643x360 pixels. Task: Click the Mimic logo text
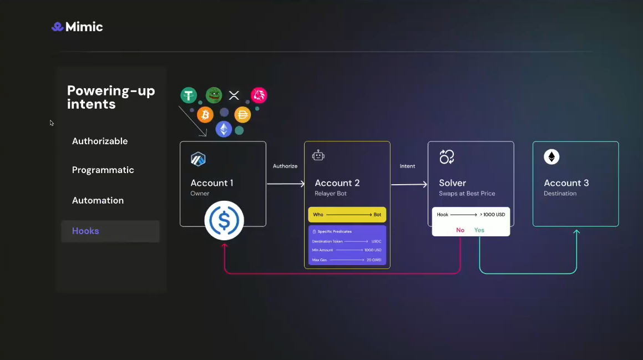click(x=84, y=27)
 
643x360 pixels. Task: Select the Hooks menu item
click(x=85, y=231)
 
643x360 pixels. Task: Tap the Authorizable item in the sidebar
click(x=100, y=141)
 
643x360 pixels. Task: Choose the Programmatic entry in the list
click(x=103, y=170)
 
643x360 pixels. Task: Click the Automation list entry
click(x=98, y=200)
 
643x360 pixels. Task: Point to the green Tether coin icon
click(x=189, y=95)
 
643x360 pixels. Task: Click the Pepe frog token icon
click(x=214, y=95)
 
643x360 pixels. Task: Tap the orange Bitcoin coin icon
click(x=205, y=115)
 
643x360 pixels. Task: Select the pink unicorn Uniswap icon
click(x=259, y=95)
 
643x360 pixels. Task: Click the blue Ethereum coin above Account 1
click(x=224, y=129)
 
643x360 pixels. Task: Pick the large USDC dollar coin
click(x=224, y=220)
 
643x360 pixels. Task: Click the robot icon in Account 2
click(x=318, y=156)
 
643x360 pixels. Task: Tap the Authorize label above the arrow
click(x=285, y=166)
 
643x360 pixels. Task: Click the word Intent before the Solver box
click(x=408, y=166)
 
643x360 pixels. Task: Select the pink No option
click(x=460, y=230)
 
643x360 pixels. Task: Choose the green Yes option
click(x=479, y=230)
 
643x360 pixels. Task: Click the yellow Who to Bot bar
click(x=347, y=215)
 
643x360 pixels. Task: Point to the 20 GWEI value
click(x=373, y=260)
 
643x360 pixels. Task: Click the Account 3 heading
click(x=566, y=182)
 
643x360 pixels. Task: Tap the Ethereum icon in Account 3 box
click(x=551, y=157)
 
